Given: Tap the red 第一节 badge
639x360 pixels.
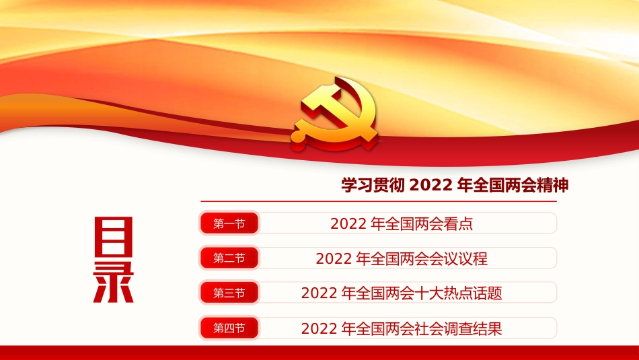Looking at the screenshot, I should [x=229, y=223].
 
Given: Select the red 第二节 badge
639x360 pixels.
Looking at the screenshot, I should [x=229, y=258].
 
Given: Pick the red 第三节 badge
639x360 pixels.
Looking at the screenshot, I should [x=229, y=293].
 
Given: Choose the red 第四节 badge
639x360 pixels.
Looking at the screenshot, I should [x=229, y=328].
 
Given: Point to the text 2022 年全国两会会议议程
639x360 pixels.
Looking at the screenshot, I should [x=402, y=258].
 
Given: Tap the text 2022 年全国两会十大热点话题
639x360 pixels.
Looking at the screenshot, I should [x=402, y=293].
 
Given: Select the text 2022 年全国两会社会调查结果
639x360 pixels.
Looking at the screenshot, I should [x=402, y=328].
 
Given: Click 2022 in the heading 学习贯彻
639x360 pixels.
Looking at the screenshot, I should [x=430, y=186].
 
